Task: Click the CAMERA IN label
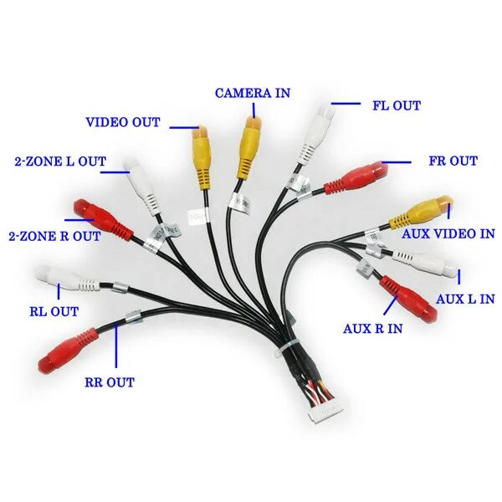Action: [253, 92]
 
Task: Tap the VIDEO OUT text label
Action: [123, 122]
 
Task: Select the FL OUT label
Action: [396, 105]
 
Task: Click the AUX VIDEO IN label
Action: [448, 234]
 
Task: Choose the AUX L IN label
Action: [465, 299]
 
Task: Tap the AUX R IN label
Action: [372, 328]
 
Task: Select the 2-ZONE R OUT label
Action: [54, 236]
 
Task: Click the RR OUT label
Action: [109, 382]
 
